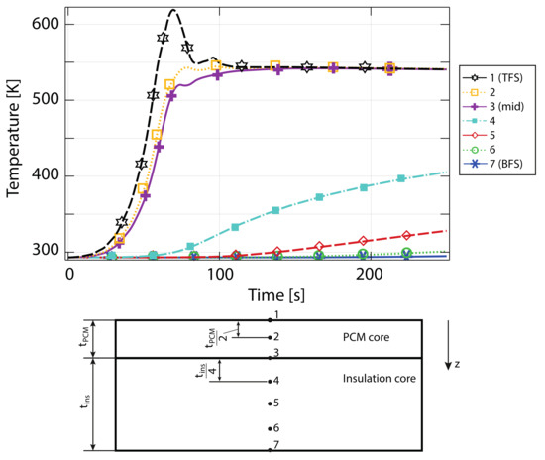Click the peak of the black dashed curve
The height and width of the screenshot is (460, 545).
tap(173, 11)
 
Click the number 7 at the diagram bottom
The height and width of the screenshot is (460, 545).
tap(277, 444)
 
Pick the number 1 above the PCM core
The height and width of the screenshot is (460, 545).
tap(277, 314)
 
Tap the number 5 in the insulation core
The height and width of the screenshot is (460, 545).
tap(277, 402)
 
